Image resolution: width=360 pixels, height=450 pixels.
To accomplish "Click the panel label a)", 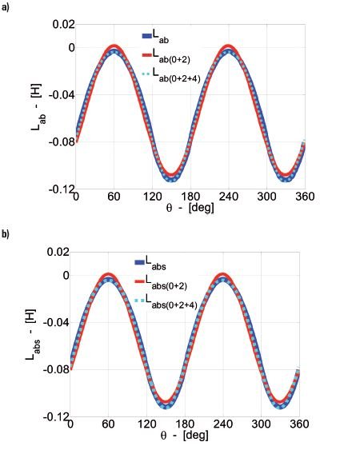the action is [5, 7].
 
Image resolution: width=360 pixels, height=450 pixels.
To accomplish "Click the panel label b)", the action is [5, 234].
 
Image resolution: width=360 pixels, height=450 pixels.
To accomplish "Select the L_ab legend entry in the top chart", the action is [155, 37].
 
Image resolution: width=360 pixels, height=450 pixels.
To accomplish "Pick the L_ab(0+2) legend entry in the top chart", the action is [166, 55].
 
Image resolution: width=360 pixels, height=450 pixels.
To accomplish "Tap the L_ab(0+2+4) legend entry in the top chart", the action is [171, 74].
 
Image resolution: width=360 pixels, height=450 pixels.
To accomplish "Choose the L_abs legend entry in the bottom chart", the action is [150, 263].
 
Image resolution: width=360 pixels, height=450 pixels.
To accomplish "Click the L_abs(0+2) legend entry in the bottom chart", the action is [161, 282].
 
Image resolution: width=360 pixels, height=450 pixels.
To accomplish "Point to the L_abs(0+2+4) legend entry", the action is [166, 301].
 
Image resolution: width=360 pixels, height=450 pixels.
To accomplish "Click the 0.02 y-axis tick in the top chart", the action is [63, 25].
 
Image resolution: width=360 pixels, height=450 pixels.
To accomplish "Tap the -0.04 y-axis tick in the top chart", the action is [62, 94].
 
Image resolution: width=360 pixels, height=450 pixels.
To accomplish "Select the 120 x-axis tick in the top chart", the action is [152, 197].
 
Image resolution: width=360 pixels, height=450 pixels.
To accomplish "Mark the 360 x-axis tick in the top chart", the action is [305, 197].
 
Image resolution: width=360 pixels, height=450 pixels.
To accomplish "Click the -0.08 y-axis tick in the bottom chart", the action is [56, 369].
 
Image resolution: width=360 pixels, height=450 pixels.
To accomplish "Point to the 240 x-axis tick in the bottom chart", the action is [222, 424].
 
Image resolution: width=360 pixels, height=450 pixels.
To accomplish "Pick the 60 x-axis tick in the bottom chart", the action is [108, 424].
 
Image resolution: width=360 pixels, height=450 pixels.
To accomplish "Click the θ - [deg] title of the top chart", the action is [190, 207].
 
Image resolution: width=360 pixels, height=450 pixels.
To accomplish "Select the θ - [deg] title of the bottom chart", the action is [184, 435].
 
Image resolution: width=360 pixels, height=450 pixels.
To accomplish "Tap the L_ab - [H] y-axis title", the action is [38, 107].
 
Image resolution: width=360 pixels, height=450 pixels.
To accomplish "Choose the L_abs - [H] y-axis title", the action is [32, 335].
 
